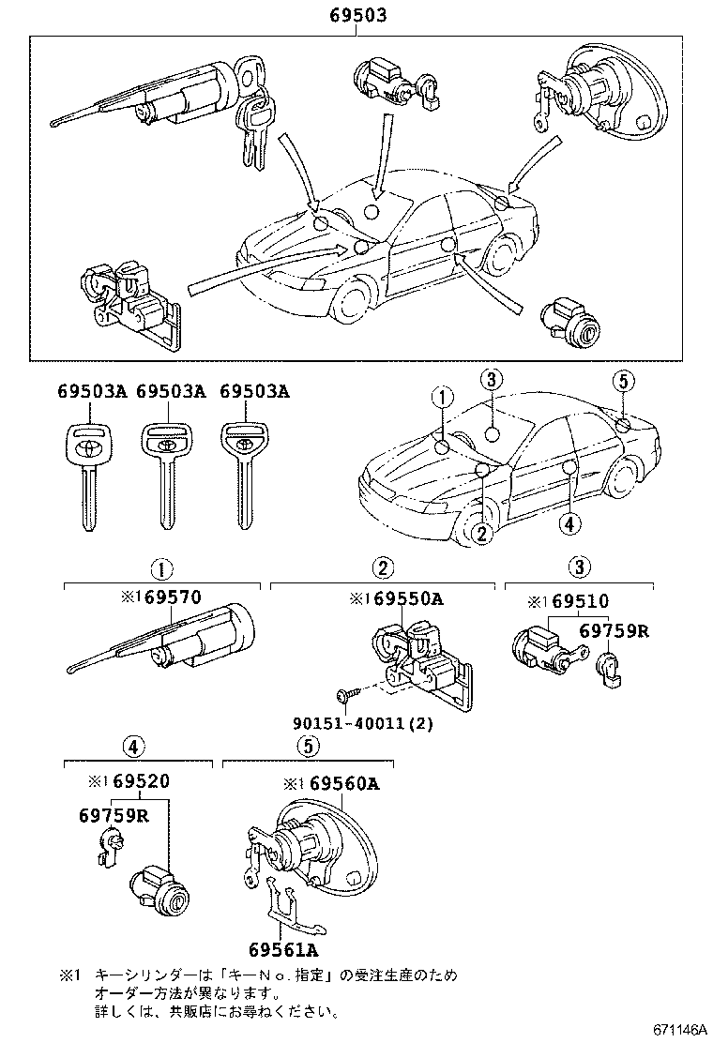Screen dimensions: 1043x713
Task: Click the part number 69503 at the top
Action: [x=356, y=16]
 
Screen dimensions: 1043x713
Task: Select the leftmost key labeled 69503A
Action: [x=89, y=474]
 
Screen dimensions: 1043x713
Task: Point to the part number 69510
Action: [x=579, y=601]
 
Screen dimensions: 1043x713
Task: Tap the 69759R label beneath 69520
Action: [x=114, y=814]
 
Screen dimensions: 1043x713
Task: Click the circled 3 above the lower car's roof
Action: [x=493, y=379]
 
